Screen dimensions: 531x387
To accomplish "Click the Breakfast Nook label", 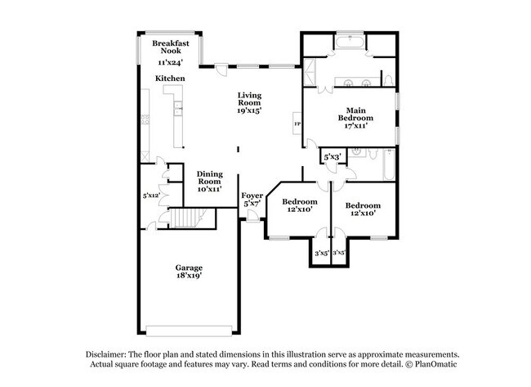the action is pyautogui.click(x=171, y=47).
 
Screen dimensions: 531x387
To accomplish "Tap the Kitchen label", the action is pyautogui.click(x=170, y=79).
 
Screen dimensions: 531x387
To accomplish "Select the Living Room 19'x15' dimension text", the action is pyautogui.click(x=249, y=110).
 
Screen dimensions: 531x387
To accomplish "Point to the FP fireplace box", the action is pyautogui.click(x=297, y=123).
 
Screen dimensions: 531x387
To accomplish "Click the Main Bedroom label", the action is pyautogui.click(x=355, y=115).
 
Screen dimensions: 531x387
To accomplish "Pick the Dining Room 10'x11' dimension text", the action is pyautogui.click(x=210, y=189).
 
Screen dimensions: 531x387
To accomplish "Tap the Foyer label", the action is pyautogui.click(x=252, y=196).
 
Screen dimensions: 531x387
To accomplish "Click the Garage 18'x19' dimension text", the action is pyautogui.click(x=189, y=276).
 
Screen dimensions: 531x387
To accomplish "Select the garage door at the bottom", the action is pyautogui.click(x=189, y=331).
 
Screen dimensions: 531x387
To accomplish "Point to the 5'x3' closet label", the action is pyautogui.click(x=332, y=157).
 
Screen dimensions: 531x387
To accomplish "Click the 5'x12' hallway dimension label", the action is pyautogui.click(x=151, y=196).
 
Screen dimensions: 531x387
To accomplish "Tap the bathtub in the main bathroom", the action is pyautogui.click(x=350, y=43).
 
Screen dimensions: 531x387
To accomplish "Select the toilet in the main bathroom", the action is pyautogui.click(x=388, y=81).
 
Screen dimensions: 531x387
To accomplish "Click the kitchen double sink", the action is pyautogui.click(x=178, y=109).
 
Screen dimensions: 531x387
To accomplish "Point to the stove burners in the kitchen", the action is pyautogui.click(x=145, y=119).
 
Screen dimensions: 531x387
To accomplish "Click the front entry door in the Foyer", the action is pyautogui.click(x=252, y=216).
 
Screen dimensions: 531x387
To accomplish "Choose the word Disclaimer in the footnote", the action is pyautogui.click(x=106, y=354).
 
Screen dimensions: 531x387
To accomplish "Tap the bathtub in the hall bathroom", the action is pyautogui.click(x=389, y=164).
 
